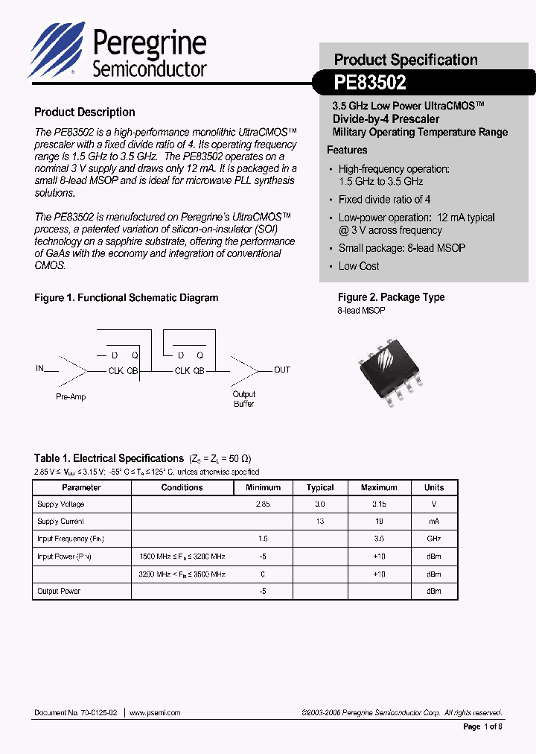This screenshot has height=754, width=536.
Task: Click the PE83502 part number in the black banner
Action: pyautogui.click(x=370, y=83)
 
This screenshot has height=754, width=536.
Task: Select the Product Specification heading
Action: pyautogui.click(x=406, y=60)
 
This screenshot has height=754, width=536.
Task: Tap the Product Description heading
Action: pyautogui.click(x=85, y=113)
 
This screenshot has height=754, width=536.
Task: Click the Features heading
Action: pyautogui.click(x=347, y=150)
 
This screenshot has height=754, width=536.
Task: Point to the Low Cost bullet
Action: pyautogui.click(x=358, y=266)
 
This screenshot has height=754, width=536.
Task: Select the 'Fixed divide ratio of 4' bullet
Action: pyautogui.click(x=384, y=200)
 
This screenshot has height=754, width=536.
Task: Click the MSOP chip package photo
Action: pyautogui.click(x=391, y=367)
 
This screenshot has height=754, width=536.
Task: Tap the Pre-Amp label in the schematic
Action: pyautogui.click(x=71, y=397)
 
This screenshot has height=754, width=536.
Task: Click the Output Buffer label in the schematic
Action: pyautogui.click(x=243, y=399)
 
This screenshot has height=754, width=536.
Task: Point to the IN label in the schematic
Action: pyautogui.click(x=40, y=369)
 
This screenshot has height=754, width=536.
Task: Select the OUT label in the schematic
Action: pyautogui.click(x=282, y=370)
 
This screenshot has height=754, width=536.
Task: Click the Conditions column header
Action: pyautogui.click(x=182, y=487)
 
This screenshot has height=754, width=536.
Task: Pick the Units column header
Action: pyautogui.click(x=434, y=487)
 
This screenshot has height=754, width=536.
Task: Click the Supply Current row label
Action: pyautogui.click(x=60, y=522)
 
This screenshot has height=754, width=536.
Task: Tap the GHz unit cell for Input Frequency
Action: pyautogui.click(x=434, y=539)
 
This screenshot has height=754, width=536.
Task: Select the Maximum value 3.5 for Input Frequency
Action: pyautogui.click(x=379, y=539)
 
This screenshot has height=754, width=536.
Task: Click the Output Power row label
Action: pyautogui.click(x=59, y=591)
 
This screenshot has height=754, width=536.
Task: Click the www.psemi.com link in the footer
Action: pyautogui.click(x=156, y=713)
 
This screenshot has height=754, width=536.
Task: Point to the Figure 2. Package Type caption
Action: pyautogui.click(x=391, y=297)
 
